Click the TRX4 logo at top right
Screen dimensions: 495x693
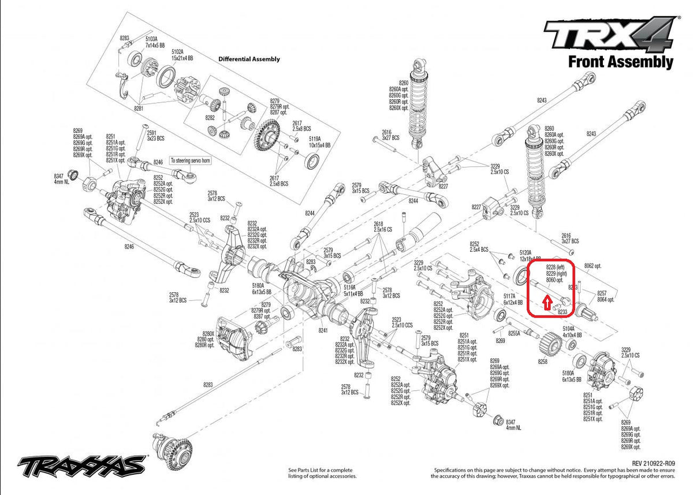(610, 35)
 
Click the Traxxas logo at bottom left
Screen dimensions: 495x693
(81, 464)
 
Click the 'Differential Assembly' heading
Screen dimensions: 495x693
(249, 59)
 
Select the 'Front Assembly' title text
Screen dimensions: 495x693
(620, 62)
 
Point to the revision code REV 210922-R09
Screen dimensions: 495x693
(653, 463)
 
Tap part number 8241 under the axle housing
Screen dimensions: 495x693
(323, 330)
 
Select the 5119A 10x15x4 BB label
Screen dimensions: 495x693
(320, 142)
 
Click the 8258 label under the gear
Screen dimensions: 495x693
(542, 361)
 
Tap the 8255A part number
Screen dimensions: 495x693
(514, 333)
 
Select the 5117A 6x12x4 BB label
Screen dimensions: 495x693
(512, 299)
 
